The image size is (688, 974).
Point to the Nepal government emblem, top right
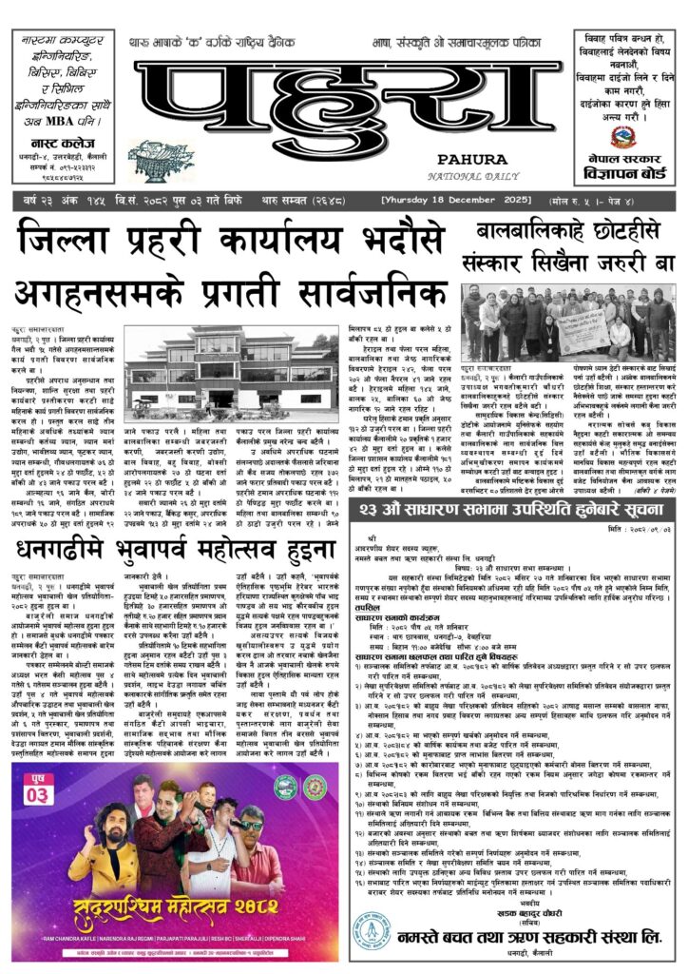tap(624, 135)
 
